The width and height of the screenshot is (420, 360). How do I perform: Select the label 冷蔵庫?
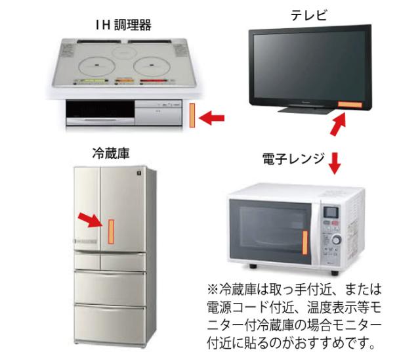[x=110, y=153]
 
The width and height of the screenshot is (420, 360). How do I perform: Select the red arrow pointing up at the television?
[x=337, y=124]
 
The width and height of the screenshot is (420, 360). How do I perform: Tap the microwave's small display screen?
[x=331, y=212]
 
